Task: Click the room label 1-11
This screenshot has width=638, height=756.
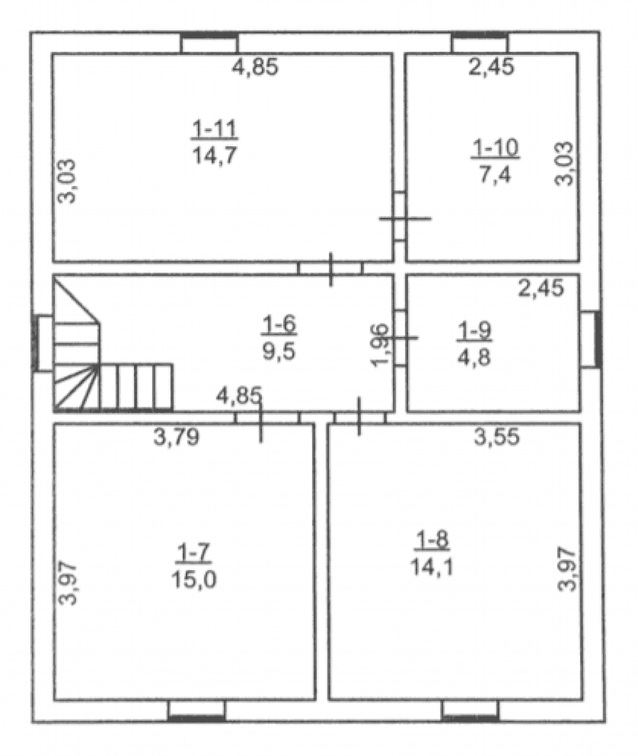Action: click(x=215, y=129)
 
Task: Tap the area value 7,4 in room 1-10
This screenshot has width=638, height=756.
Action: click(x=495, y=174)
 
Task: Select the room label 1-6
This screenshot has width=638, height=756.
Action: click(x=279, y=325)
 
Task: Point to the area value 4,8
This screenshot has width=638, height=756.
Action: click(x=474, y=358)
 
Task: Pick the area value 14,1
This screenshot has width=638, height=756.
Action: click(x=432, y=566)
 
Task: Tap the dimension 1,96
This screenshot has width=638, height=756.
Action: click(x=380, y=345)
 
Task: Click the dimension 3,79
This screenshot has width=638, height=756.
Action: click(x=176, y=437)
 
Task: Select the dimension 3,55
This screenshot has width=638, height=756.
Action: click(x=497, y=437)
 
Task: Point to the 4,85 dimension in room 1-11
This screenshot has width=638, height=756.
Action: click(x=255, y=66)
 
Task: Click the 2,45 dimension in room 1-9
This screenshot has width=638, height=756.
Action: click(x=541, y=288)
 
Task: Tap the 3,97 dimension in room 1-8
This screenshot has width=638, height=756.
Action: click(x=566, y=569)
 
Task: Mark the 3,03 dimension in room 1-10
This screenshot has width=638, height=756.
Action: click(x=565, y=164)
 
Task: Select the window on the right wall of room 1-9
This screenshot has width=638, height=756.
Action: click(x=590, y=339)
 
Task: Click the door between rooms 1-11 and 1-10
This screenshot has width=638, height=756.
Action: click(x=400, y=217)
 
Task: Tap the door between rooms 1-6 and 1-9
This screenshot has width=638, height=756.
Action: click(x=400, y=337)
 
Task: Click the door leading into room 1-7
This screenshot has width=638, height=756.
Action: click(x=267, y=417)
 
